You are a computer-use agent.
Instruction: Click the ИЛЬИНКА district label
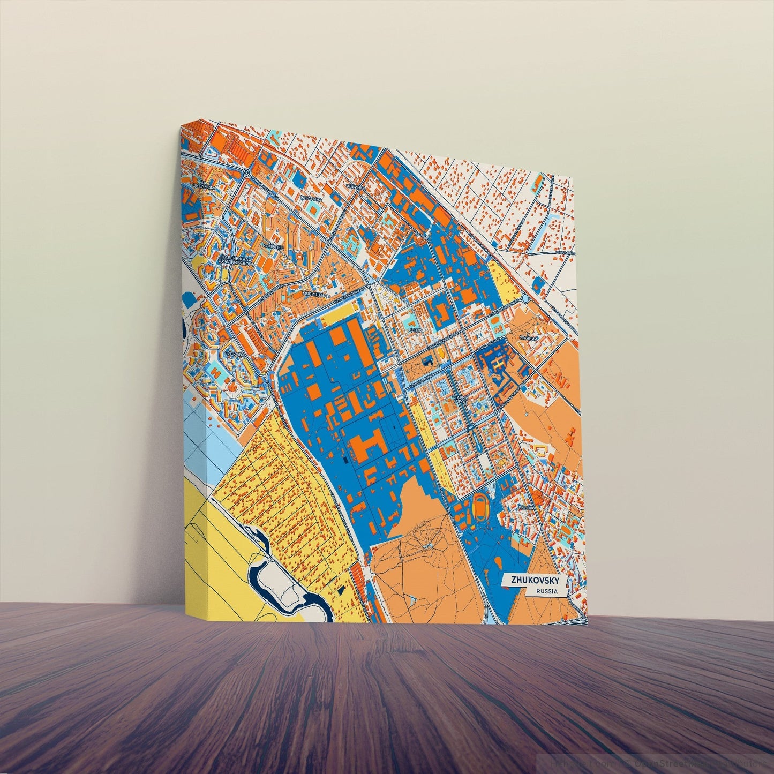click(x=356, y=187)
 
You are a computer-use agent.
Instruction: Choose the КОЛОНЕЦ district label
click(x=269, y=246)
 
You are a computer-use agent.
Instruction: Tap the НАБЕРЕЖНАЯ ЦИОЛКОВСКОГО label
click(x=236, y=261)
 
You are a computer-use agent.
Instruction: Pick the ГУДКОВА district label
click(x=236, y=354)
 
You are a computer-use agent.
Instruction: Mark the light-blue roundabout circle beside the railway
click(x=525, y=298)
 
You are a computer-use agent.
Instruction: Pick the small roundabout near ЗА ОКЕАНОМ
click(x=245, y=172)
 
